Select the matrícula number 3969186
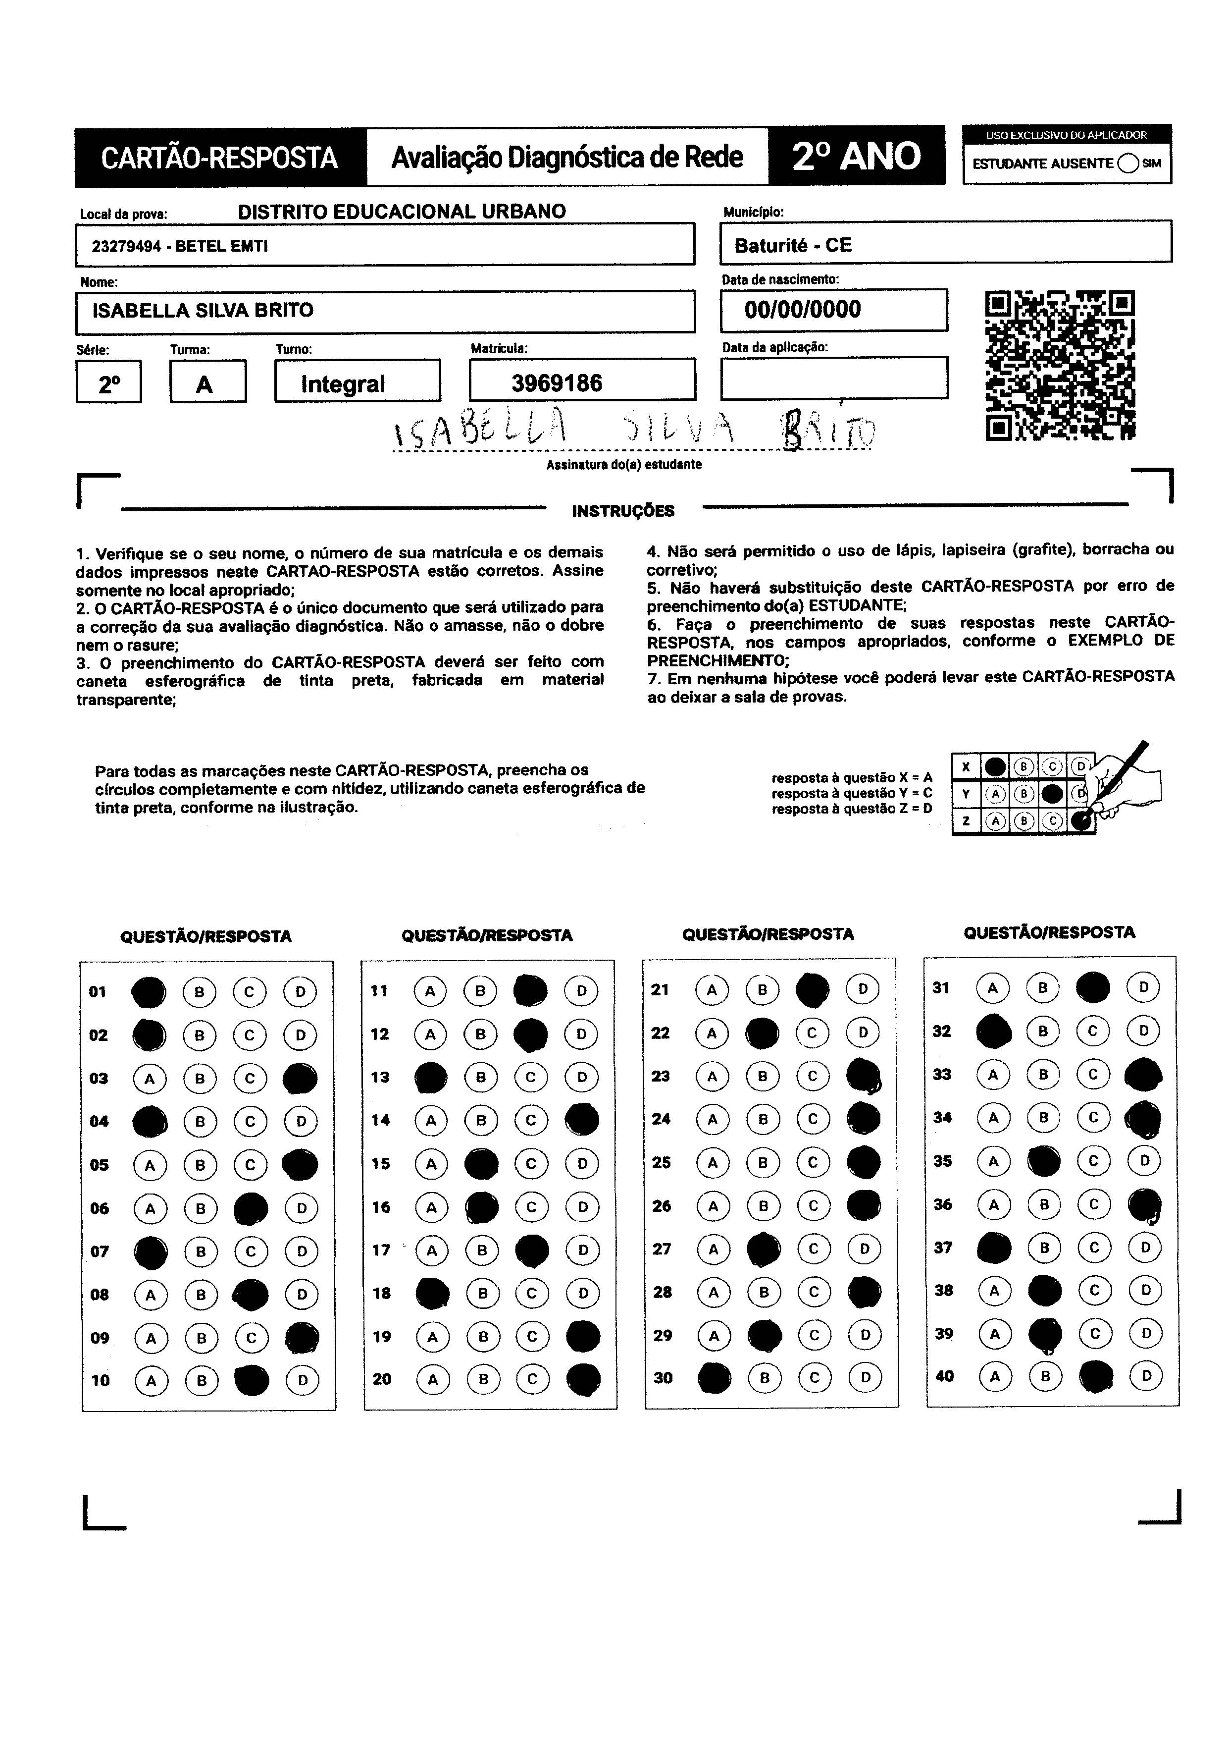tap(557, 383)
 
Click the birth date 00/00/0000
tap(802, 310)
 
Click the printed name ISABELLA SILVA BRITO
tap(203, 310)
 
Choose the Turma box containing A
tap(207, 382)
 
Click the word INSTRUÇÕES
tap(623, 511)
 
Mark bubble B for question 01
tap(199, 992)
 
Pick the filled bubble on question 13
tap(431, 1077)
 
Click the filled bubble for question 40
tap(1096, 1377)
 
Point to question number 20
tap(382, 1379)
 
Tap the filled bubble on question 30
tap(714, 1378)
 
